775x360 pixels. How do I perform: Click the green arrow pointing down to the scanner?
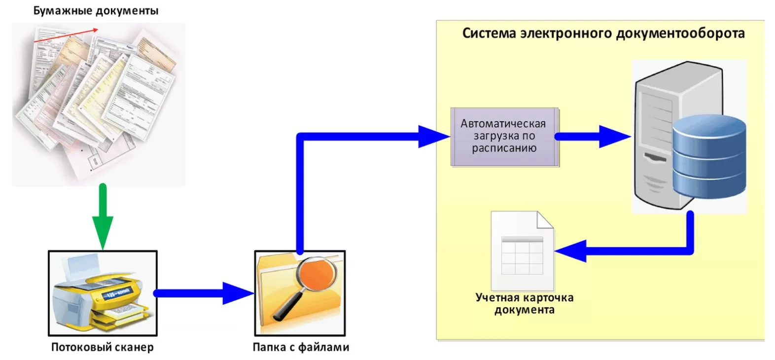[103, 217]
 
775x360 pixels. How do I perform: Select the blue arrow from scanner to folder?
[202, 293]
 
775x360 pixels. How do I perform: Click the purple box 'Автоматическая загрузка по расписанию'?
[504, 137]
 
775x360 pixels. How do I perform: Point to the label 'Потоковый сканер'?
[102, 347]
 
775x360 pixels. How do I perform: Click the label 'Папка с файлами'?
[300, 347]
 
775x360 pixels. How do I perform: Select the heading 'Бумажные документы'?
[96, 10]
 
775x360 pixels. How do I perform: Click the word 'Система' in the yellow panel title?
[489, 34]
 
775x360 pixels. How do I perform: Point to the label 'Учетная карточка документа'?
[524, 304]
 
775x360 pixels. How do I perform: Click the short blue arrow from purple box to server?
[592, 137]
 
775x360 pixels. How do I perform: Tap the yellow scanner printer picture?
[102, 293]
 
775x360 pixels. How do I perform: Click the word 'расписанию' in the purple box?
[504, 148]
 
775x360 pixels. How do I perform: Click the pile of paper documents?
[98, 104]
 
